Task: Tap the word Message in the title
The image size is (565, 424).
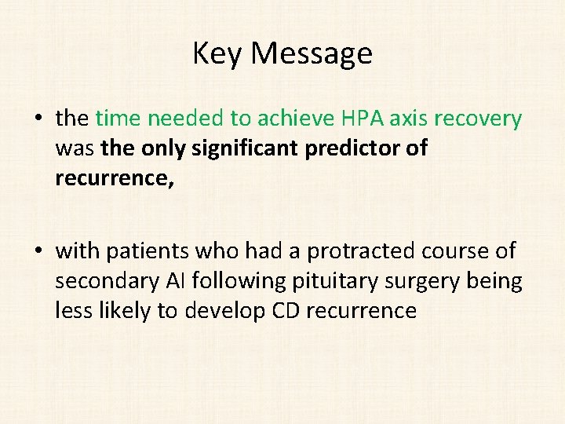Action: click(312, 54)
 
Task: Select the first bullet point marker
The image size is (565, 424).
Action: click(38, 119)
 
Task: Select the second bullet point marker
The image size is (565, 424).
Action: click(38, 251)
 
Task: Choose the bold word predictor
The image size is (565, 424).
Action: click(359, 148)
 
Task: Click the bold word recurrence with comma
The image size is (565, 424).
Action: click(111, 178)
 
